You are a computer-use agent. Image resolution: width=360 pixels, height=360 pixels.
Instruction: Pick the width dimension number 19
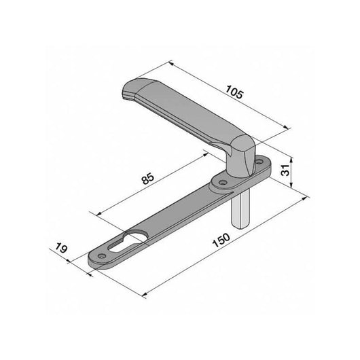[x=61, y=251]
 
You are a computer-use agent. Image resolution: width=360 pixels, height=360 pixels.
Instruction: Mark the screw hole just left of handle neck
[x=221, y=183]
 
